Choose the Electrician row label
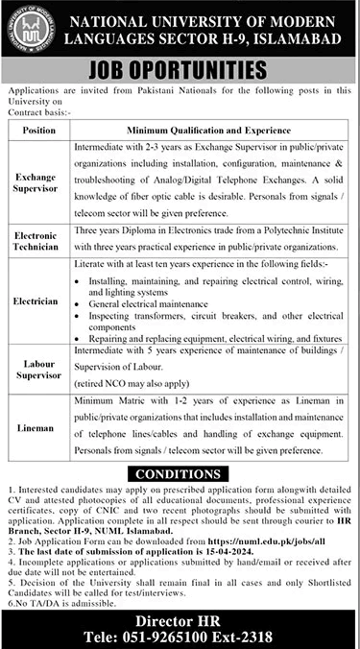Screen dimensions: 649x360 36,300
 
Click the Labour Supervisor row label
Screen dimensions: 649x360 36,367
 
